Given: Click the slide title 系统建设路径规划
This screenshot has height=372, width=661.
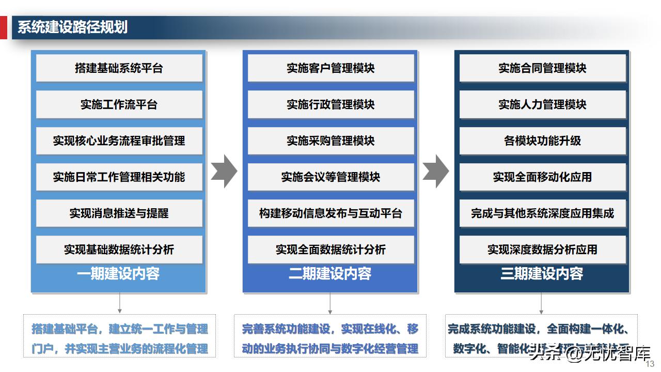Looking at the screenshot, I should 73,27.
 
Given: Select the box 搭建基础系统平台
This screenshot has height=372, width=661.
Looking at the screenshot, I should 119,68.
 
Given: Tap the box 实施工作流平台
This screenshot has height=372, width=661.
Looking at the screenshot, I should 119,104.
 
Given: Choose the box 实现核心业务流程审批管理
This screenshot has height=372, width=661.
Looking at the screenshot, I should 119,141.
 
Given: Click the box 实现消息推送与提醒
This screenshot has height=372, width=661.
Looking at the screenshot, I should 119,213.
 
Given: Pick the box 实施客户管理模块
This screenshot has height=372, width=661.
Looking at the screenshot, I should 330,68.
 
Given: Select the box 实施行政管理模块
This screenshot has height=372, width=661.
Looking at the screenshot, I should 330,104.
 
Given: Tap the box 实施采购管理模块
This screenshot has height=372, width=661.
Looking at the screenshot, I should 330,141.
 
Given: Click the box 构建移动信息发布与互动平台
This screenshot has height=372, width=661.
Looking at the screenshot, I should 330,213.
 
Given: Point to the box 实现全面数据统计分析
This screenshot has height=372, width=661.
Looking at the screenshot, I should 330,250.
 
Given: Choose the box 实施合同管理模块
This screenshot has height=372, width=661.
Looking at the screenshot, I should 542,68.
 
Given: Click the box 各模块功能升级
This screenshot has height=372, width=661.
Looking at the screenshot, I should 542,141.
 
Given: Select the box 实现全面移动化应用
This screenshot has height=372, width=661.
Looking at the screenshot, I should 542,177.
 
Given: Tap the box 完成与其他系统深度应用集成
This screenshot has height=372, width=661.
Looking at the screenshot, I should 542,213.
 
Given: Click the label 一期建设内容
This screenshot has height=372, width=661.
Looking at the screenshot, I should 118,274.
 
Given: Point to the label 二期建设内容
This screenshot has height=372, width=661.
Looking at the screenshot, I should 330,274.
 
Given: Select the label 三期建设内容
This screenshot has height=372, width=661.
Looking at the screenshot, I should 542,274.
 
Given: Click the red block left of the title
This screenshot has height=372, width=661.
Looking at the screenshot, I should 3,27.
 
